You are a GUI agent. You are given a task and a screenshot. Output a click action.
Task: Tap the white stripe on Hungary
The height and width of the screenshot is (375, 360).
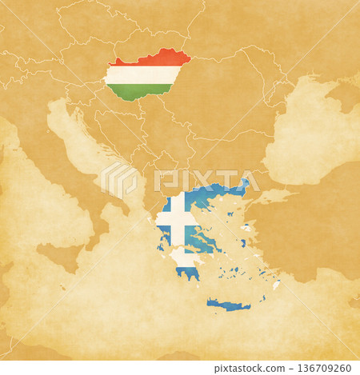(144, 75)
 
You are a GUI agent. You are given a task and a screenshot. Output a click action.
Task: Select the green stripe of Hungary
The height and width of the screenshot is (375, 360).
(132, 91)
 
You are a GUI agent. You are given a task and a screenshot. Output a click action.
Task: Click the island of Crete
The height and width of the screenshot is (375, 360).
(228, 304)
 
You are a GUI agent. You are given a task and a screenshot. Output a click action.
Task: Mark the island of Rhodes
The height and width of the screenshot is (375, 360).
(277, 284)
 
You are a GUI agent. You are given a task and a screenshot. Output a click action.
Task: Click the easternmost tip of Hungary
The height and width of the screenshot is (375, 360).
(190, 57)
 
